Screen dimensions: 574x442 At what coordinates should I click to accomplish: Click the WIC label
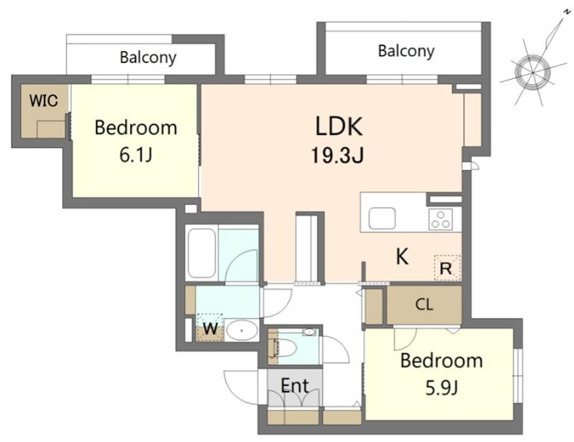click(x=44, y=100)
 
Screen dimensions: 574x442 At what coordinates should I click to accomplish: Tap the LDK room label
click(x=339, y=126)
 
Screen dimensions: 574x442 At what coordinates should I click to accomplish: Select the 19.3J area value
click(x=337, y=155)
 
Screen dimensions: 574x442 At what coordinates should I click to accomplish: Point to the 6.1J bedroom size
click(x=136, y=155)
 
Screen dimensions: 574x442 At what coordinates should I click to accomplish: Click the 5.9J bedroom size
click(x=441, y=388)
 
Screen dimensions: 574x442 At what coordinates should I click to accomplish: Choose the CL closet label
click(x=424, y=304)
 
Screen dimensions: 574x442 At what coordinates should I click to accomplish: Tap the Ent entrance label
click(x=295, y=385)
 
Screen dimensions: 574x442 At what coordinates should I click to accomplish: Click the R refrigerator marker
click(x=446, y=269)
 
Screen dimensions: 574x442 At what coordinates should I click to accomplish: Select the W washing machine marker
click(x=210, y=328)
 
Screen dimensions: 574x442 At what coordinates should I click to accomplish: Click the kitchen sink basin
click(x=382, y=219)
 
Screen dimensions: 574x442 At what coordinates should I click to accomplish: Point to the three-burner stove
click(x=441, y=219)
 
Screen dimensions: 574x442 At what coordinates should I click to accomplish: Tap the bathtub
click(x=202, y=253)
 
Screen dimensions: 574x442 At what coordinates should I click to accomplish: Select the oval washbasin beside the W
click(x=241, y=331)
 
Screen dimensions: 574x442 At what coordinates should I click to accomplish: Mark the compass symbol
click(x=532, y=72)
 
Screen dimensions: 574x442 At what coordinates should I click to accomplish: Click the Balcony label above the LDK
click(x=406, y=51)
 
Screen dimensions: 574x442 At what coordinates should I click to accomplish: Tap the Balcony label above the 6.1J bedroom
click(x=148, y=57)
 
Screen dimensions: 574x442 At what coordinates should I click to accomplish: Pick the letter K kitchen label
click(x=403, y=256)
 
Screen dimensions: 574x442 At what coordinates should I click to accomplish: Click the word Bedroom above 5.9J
click(x=441, y=360)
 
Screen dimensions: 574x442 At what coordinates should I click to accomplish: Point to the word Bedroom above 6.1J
click(x=136, y=128)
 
